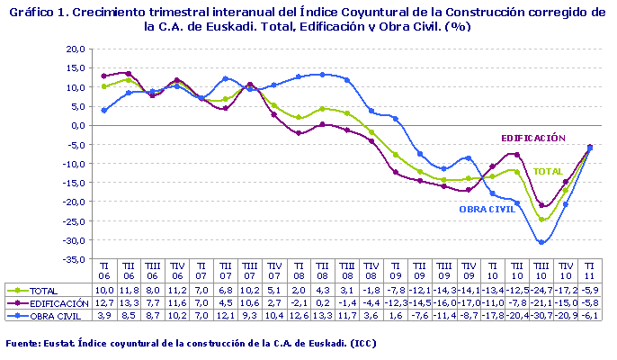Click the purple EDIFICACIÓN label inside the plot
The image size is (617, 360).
tap(532, 138)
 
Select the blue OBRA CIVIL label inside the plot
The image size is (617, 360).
tap(487, 209)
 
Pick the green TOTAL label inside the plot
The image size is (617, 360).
tap(548, 171)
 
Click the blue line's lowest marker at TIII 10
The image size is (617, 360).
tap(541, 242)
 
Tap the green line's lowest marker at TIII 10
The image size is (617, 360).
tap(541, 220)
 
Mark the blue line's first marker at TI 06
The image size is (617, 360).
tap(104, 110)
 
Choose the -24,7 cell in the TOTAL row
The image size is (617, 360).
tap(541, 292)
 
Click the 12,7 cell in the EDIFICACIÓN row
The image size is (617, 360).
tap(104, 304)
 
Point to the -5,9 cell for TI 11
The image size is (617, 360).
tap(589, 292)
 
